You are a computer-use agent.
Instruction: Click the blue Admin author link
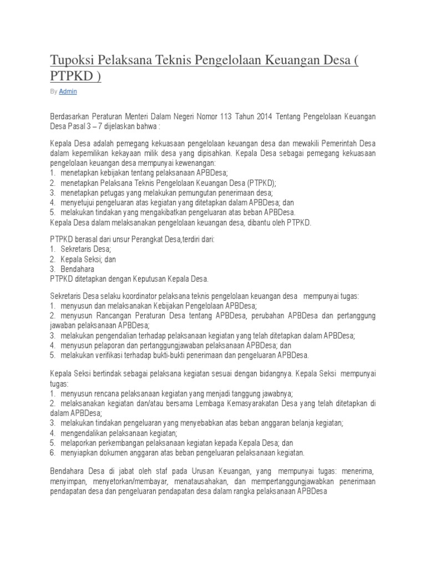68,92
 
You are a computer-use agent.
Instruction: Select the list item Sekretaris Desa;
86,250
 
